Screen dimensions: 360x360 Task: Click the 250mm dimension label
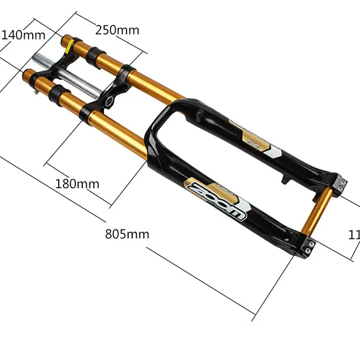117,30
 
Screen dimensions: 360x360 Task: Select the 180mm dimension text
77,183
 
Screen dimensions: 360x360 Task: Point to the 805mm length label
127,233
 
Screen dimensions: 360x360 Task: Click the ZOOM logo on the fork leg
216,198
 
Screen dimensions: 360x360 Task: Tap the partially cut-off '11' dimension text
353,234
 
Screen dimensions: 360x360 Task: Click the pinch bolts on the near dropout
307,246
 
